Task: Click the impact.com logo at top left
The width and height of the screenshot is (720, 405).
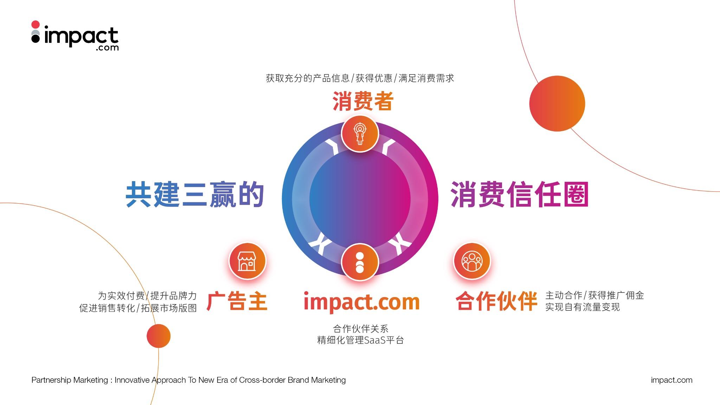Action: click(75, 36)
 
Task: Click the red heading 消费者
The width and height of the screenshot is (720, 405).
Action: click(363, 101)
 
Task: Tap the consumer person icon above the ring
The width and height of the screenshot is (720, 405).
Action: click(360, 134)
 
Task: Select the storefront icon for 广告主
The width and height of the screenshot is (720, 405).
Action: click(247, 261)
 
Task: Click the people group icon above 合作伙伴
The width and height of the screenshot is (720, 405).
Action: click(472, 261)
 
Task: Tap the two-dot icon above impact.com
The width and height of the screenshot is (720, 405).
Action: click(360, 263)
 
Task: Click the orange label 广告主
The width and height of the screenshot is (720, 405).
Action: click(237, 301)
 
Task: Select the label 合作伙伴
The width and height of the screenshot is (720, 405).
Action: click(496, 301)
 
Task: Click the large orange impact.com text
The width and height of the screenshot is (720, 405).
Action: click(362, 302)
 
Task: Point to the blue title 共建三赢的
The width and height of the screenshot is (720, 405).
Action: click(195, 194)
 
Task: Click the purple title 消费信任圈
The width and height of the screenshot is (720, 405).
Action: click(520, 194)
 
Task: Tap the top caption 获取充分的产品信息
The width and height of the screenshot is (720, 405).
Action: click(308, 78)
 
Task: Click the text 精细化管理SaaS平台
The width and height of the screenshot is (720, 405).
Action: click(360, 340)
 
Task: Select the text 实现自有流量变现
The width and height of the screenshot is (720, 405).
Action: click(583, 307)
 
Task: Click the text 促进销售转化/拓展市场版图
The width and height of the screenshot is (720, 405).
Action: click(138, 308)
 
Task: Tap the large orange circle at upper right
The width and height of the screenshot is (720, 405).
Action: click(557, 104)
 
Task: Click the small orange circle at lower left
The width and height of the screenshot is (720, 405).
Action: click(159, 336)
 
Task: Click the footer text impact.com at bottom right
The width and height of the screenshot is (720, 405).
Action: click(671, 380)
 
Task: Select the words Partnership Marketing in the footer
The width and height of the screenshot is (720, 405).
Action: click(70, 380)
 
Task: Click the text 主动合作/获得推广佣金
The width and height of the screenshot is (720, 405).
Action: click(594, 295)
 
